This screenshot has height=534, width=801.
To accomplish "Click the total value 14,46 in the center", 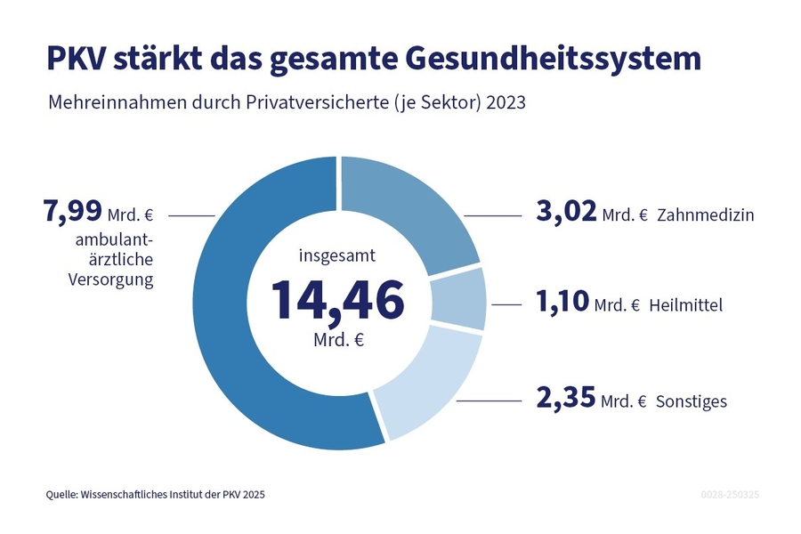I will pyautogui.click(x=337, y=300).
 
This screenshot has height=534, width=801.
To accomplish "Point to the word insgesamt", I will pyautogui.click(x=337, y=255).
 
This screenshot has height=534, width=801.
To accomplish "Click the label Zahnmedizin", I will pyautogui.click(x=706, y=216).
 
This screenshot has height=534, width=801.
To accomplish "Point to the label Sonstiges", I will pyautogui.click(x=692, y=401).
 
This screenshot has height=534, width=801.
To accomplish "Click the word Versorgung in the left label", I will pyautogui.click(x=111, y=279).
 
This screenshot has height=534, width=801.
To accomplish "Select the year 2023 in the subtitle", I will pyautogui.click(x=506, y=103).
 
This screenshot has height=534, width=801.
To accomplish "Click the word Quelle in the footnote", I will pyautogui.click(x=62, y=494).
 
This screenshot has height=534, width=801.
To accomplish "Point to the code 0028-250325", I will pyautogui.click(x=730, y=494).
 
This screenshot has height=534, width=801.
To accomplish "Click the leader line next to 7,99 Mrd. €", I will pyautogui.click(x=191, y=215).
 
